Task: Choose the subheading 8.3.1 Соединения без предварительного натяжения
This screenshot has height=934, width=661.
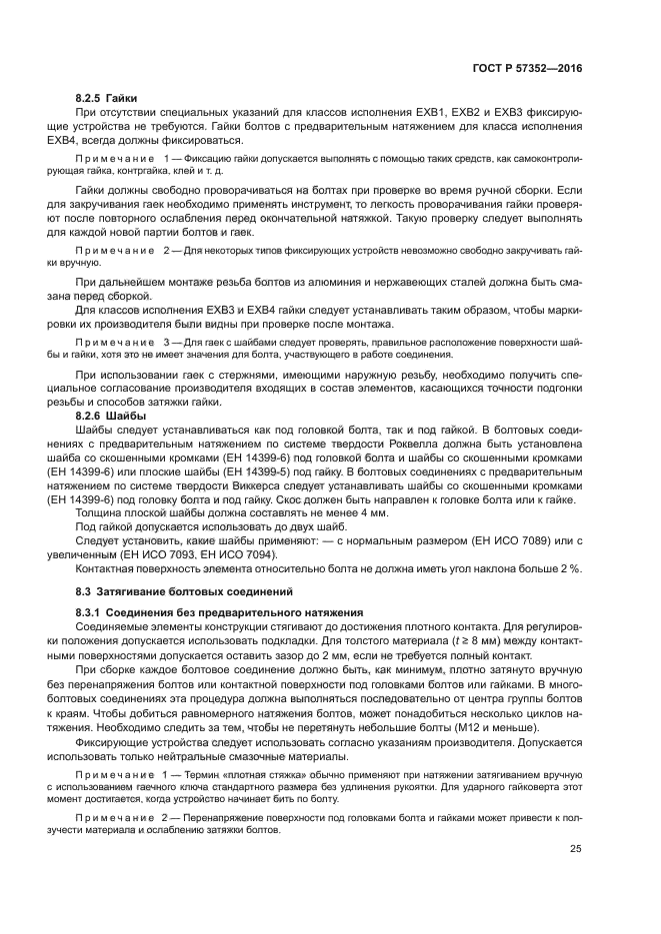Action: coord(214,610)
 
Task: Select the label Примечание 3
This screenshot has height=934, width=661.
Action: coord(117,341)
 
